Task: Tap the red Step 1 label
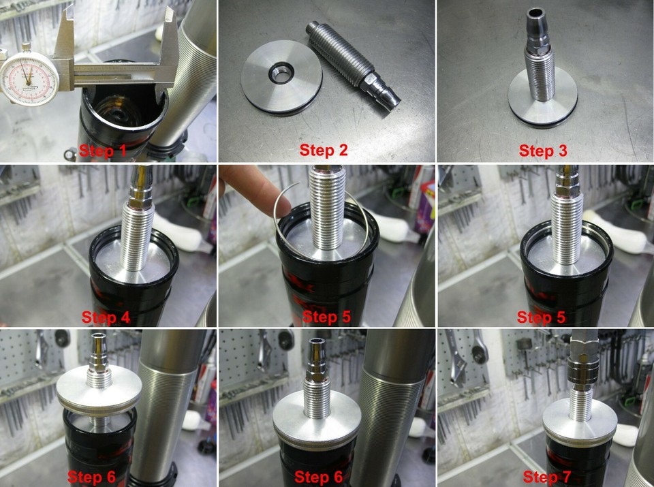coord(103,151)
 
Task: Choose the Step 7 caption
coord(546,476)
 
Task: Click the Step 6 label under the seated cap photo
coord(325,476)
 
